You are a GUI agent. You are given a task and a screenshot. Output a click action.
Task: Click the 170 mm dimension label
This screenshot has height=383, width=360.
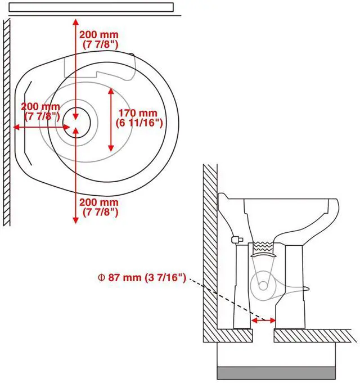pos(139,118)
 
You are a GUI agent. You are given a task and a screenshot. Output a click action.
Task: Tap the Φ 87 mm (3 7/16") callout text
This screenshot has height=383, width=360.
pos(142,278)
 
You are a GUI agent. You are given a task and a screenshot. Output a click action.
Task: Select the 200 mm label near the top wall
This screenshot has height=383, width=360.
pos(99,39)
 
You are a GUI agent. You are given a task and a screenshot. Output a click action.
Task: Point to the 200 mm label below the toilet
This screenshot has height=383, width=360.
pos(99,207)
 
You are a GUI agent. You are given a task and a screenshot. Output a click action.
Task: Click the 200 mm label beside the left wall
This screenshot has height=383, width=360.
pos(40,111)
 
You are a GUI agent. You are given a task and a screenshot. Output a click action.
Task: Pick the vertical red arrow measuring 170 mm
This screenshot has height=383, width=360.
pos(111,119)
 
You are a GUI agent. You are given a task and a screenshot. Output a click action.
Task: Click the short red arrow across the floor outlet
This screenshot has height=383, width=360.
pos(263,320)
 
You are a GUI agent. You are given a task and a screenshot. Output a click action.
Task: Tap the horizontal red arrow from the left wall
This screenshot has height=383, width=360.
pos(41,127)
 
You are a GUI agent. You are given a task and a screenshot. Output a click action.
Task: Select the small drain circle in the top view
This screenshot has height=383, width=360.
pos(76,122)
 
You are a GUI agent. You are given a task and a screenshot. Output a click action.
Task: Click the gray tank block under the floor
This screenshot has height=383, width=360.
pos(276,373)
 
